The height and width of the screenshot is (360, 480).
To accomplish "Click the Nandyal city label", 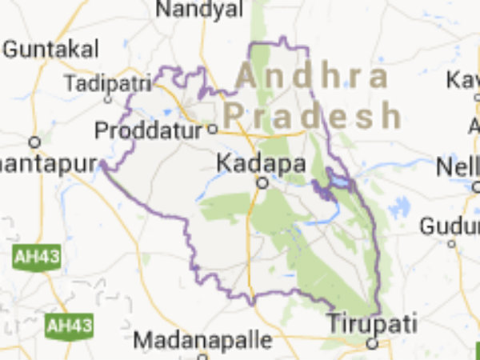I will tap(199, 10).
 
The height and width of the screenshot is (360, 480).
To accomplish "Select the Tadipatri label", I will tap(107, 82).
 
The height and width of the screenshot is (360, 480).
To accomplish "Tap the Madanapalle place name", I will tap(202, 339).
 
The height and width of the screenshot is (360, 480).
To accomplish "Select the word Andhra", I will tap(312, 78).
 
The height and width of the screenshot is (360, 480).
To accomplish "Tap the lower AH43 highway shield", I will tap(69, 326).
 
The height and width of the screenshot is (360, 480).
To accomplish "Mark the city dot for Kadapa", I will tap(262, 183).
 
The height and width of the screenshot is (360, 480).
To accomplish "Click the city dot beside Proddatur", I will tap(213, 129).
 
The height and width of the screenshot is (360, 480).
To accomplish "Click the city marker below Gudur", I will tap(452, 243).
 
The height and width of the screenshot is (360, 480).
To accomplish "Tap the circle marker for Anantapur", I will tap(34, 142).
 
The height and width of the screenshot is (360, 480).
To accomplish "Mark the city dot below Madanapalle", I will tap(202, 357).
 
